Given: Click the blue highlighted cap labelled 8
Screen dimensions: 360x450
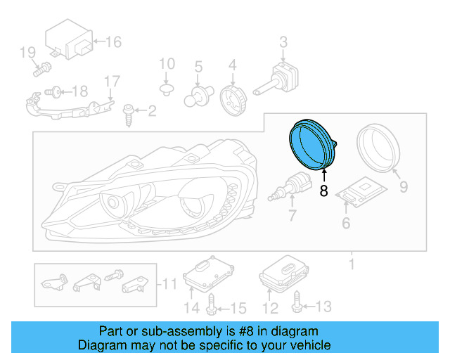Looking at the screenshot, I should pos(311,145).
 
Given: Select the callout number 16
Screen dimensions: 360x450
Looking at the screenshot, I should pos(113,42).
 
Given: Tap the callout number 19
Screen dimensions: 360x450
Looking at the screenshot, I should pos(27,52).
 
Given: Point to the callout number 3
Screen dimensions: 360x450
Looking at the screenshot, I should pos(283,43).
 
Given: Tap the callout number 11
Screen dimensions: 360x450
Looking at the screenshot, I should pos(168,285).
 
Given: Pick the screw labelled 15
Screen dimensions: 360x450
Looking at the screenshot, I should pos(212,304).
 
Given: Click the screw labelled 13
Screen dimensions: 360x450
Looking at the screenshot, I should pos(296,303).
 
